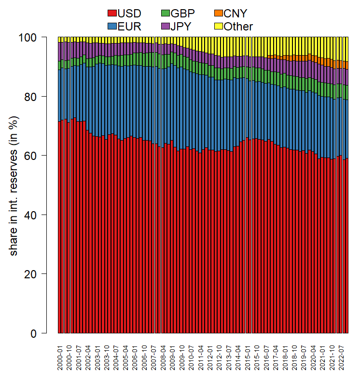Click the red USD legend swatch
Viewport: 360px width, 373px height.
112,13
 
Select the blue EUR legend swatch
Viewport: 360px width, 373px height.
112,27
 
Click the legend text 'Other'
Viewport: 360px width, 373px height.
238,27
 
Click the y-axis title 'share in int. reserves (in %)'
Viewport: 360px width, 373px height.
14,185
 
